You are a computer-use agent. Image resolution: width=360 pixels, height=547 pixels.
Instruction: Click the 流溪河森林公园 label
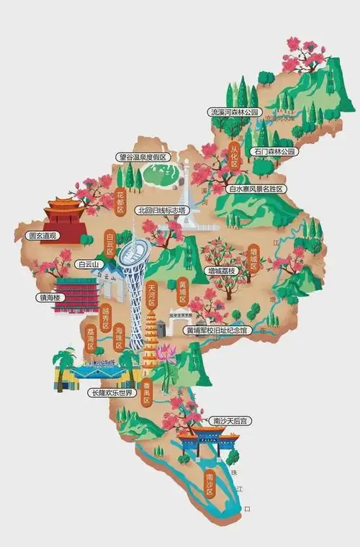(233, 113)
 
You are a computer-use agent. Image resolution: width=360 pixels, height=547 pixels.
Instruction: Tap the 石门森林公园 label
(274, 152)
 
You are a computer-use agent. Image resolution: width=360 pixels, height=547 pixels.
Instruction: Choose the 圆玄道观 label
(42, 235)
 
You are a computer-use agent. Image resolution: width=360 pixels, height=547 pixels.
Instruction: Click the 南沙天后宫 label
(228, 420)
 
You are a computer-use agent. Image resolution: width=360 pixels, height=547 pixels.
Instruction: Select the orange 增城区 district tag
(253, 258)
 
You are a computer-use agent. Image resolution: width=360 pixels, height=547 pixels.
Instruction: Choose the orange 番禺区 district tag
(146, 394)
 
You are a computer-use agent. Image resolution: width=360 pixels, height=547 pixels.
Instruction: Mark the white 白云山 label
(89, 265)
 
